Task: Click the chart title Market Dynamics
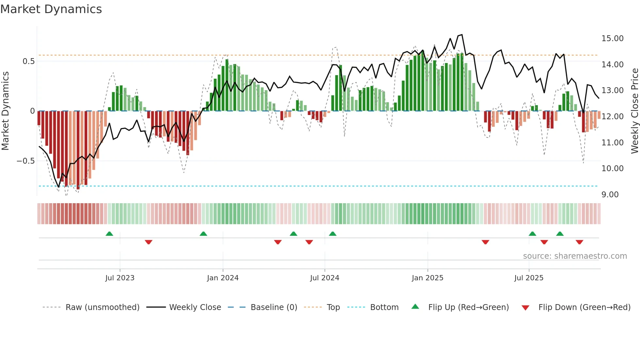[x=51, y=9]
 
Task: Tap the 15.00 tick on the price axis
[x=612, y=39]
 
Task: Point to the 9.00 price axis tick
[x=610, y=195]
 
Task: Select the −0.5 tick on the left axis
[x=25, y=161]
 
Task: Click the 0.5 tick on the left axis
[x=28, y=61]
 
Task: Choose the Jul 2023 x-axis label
[x=120, y=278]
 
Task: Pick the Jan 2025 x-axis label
[x=427, y=278]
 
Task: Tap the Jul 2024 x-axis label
[x=325, y=278]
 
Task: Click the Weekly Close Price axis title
[x=634, y=111]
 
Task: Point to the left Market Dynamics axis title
[x=5, y=111]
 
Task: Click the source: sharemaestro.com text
[x=575, y=256]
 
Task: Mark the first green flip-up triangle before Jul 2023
[x=109, y=234]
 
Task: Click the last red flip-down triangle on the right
[x=579, y=242]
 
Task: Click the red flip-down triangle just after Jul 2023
[x=149, y=242]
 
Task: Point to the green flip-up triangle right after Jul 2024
[x=332, y=234]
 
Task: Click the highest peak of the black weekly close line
[x=462, y=35]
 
